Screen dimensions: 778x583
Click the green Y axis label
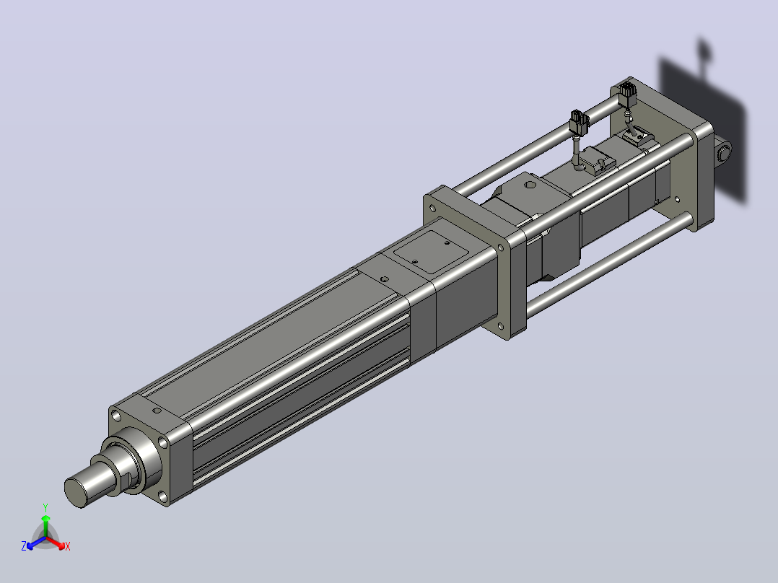click(45, 507)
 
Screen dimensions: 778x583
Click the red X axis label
click(68, 546)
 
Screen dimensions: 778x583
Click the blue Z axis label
click(23, 545)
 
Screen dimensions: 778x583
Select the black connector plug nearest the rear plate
click(628, 95)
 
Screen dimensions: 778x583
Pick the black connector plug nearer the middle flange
click(579, 123)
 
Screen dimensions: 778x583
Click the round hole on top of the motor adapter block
click(530, 185)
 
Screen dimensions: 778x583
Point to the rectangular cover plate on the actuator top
click(431, 252)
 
